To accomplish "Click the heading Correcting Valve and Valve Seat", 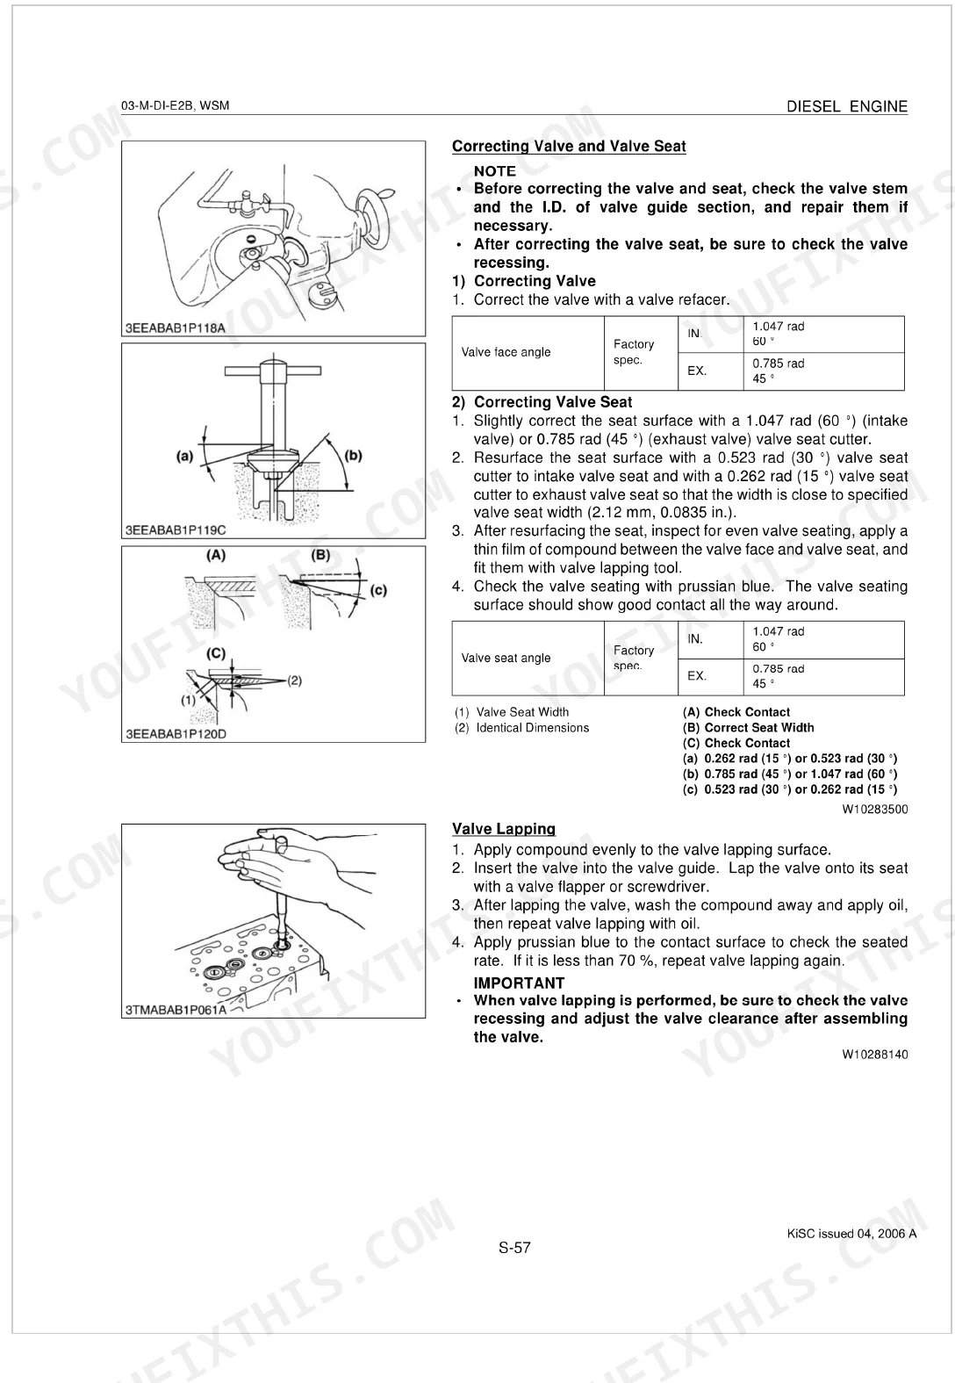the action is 569,147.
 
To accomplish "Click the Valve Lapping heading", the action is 504,829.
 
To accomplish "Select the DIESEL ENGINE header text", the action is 847,106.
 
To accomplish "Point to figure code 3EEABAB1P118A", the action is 176,328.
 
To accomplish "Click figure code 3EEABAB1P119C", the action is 176,529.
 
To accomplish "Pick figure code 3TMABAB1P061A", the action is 176,1010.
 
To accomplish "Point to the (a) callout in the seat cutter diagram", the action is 184,457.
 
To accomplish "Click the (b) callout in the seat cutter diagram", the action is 353,456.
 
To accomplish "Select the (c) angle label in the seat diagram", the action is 378,589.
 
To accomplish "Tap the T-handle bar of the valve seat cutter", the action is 272,371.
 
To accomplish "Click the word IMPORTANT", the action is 519,983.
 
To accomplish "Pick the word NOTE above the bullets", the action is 495,171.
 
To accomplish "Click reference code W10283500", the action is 875,809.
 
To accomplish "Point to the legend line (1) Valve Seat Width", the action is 512,712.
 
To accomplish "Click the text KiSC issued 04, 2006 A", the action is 852,1234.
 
